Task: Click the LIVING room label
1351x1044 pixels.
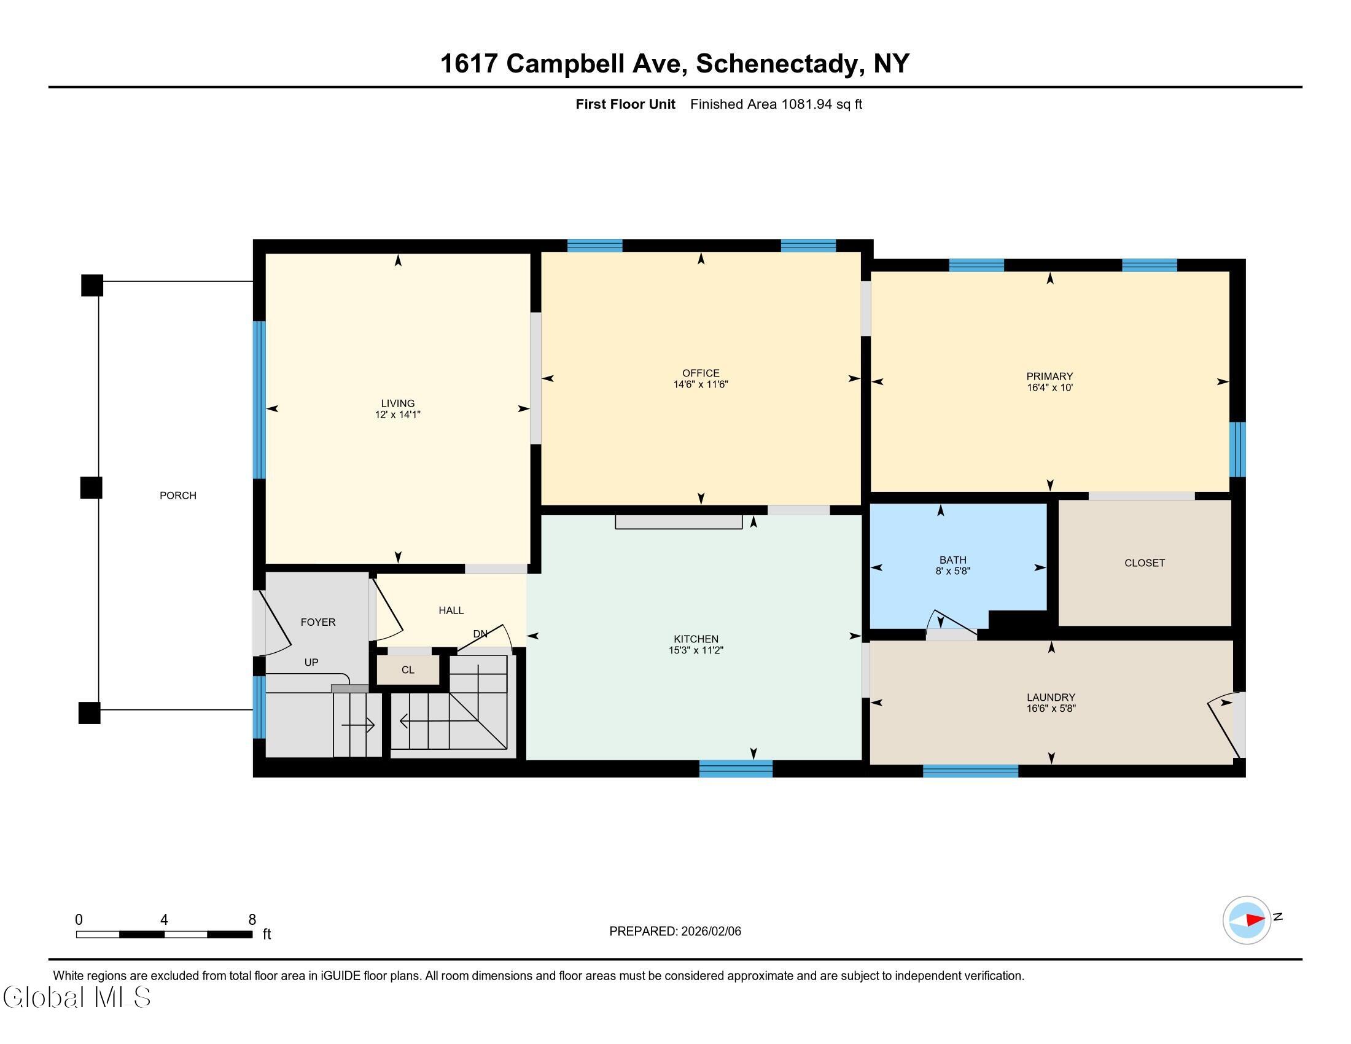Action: [x=398, y=403]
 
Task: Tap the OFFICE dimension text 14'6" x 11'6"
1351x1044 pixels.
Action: [x=701, y=384]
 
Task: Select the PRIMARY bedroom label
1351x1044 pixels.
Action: [x=1049, y=376]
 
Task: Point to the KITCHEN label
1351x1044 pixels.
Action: [x=696, y=639]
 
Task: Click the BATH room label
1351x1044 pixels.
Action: [x=952, y=559]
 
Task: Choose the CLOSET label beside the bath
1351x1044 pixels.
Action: [x=1145, y=563]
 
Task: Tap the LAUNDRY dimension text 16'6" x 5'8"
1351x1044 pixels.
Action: [x=1051, y=709]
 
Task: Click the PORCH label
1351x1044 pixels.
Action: [x=177, y=496]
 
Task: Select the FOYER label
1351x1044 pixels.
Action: [x=318, y=622]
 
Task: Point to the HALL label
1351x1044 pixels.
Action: [x=451, y=610]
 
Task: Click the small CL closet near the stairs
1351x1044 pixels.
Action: [x=408, y=670]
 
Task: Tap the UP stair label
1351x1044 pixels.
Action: [x=311, y=663]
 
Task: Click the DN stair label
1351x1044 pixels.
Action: [x=480, y=633]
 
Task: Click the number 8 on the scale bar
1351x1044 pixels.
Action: [x=252, y=920]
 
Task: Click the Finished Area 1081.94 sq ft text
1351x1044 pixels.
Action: [x=776, y=104]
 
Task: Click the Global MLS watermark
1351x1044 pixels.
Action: [x=77, y=997]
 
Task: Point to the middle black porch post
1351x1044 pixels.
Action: [x=91, y=488]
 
